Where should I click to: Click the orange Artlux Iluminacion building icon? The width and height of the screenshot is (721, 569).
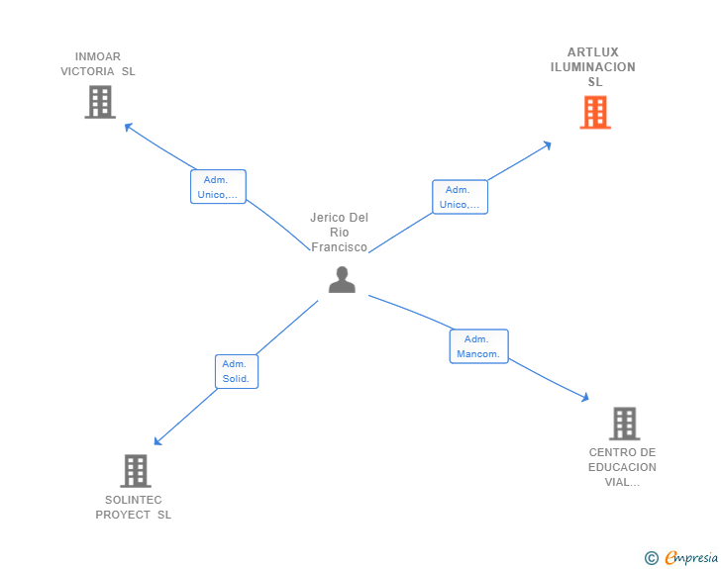(x=594, y=113)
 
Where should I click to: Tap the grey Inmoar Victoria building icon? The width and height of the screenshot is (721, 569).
(x=99, y=102)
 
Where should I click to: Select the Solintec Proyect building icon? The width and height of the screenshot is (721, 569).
(x=136, y=471)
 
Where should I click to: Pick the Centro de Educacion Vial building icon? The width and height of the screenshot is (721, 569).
(x=624, y=424)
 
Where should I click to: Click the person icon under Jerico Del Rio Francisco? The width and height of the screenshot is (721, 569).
(x=342, y=280)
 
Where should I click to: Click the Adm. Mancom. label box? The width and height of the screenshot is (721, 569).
(x=478, y=346)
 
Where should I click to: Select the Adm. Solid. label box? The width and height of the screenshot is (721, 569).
(x=237, y=371)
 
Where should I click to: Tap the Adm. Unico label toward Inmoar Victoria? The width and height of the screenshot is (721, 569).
(x=218, y=187)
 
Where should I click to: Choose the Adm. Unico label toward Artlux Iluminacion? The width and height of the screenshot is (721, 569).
(x=460, y=197)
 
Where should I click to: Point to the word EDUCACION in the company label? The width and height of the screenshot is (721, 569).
(x=622, y=467)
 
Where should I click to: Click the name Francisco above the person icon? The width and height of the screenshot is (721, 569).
(x=340, y=247)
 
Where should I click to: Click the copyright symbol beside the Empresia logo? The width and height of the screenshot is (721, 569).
(x=651, y=558)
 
